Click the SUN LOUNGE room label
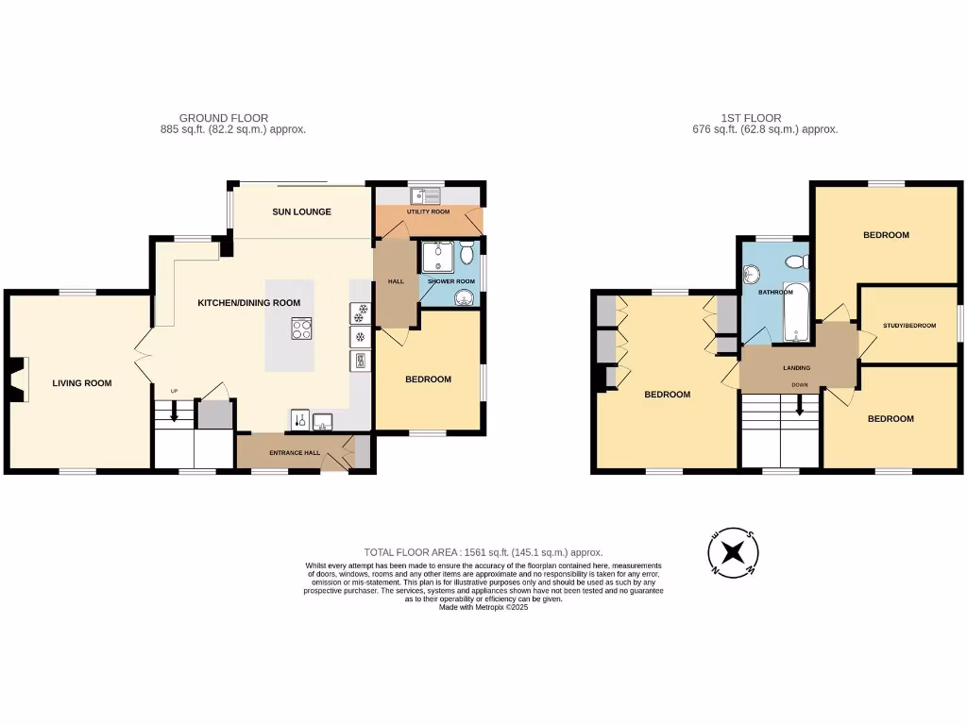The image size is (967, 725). click(301, 212)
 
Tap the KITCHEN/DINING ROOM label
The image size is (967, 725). click(248, 303)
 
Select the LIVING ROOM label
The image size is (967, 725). click(82, 383)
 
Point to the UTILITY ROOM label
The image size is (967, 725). click(428, 212)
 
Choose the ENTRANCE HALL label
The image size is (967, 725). click(294, 453)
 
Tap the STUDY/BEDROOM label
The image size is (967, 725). click(909, 326)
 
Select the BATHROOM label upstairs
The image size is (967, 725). click(762, 293)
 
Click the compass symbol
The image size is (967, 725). click(733, 552)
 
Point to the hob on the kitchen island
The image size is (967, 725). click(301, 329)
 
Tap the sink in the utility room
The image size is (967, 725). click(426, 196)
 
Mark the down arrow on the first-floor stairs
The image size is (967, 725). click(800, 405)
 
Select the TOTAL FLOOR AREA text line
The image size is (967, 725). click(483, 552)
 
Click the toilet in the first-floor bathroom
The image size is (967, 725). click(797, 261)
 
